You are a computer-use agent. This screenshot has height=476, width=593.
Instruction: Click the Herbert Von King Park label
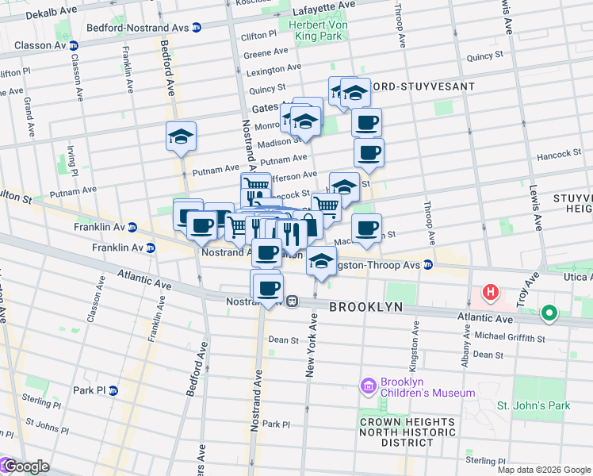point(317,30)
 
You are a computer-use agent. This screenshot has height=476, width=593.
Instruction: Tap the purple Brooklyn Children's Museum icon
point(368,386)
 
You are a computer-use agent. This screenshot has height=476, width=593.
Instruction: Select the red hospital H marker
point(491,293)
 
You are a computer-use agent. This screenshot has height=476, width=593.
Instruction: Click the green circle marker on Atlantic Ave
point(549,314)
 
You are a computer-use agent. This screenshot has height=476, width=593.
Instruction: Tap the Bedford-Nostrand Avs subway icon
point(196,27)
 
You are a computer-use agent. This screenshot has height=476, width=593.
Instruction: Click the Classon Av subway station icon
point(73,45)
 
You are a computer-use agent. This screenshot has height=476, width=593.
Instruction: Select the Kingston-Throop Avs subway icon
point(427,265)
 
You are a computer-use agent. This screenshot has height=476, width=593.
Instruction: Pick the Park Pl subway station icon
point(113,390)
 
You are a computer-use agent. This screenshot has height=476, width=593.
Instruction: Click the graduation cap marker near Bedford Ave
point(182,137)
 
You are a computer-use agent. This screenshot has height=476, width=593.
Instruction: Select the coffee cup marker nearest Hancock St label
point(369,152)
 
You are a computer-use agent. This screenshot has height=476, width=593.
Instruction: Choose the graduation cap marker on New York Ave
point(320,260)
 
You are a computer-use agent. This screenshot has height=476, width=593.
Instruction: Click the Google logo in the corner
point(25,467)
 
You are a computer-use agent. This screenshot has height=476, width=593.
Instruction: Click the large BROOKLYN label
point(366,307)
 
